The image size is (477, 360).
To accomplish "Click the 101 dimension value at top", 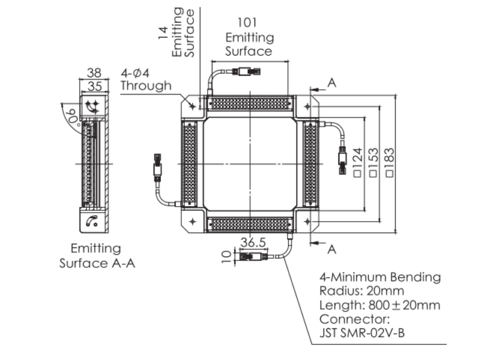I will [x=248, y=23].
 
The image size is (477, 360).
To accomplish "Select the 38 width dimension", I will [x=94, y=72].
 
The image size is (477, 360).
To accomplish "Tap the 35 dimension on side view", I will [x=94, y=86].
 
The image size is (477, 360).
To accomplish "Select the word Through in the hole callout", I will [x=145, y=86].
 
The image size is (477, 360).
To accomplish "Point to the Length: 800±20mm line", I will [x=379, y=305].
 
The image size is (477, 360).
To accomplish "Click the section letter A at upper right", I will [x=332, y=83].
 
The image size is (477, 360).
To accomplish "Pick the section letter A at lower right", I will [x=332, y=247].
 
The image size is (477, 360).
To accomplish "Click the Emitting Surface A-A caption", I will [x=96, y=255].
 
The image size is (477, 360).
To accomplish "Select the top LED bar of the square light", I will [x=250, y=103].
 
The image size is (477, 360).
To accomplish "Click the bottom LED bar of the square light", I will [x=250, y=225].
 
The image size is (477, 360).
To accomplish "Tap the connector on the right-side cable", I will [x=342, y=159].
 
